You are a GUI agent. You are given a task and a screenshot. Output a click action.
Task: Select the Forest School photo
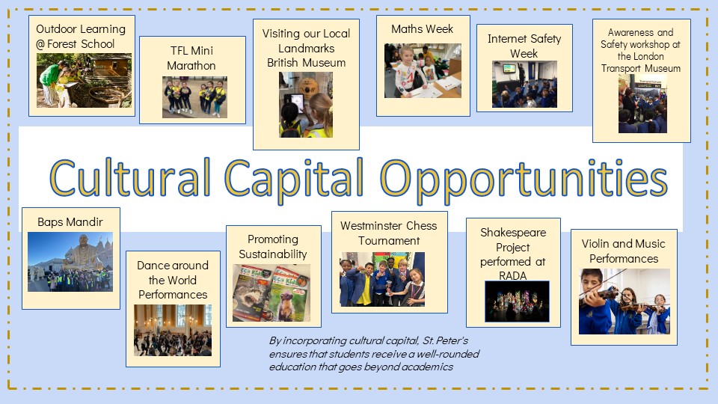coord(85,80)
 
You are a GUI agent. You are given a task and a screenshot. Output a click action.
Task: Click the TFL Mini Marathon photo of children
coord(194,97)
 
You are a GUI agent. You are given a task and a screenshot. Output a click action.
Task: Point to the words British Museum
coord(307,63)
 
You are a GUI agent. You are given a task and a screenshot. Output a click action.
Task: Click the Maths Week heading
coord(422,29)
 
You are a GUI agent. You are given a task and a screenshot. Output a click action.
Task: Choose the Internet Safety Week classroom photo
coord(524,85)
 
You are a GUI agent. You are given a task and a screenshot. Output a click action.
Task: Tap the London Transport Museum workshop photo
coord(642,104)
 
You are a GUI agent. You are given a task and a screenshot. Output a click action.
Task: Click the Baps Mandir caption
coord(70,222)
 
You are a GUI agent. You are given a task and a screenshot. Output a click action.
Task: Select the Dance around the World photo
coord(173,330)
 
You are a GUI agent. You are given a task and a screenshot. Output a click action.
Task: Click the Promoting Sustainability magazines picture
coord(271,293)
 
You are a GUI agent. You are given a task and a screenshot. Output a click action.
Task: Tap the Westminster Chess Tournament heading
coord(389,233)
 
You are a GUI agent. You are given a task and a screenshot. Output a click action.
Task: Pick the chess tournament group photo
coord(382,279)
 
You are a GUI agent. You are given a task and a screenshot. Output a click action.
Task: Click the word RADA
coord(513,276)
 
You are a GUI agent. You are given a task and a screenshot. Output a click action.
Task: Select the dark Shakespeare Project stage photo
coord(517,302)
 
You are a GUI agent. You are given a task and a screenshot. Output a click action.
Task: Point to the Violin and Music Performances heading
coord(624,251)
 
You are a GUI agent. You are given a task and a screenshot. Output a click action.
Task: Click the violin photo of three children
coord(624,302)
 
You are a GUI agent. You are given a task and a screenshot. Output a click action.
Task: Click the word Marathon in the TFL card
coord(191,66)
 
